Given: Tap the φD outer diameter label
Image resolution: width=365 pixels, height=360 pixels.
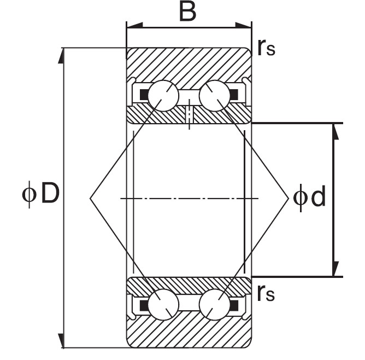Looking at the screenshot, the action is tap(41, 194).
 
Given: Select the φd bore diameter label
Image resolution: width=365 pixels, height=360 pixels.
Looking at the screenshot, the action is tap(309, 198).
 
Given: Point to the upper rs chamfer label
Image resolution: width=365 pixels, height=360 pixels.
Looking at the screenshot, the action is tap(267, 48).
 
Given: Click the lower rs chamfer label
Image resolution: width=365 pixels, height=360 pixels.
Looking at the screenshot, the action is tap(266, 293).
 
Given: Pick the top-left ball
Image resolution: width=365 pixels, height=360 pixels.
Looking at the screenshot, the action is tap(163, 96).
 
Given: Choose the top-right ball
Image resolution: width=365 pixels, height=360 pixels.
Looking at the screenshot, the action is tap(215, 96).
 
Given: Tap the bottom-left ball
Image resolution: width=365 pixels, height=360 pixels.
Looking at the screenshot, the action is tap(163, 305).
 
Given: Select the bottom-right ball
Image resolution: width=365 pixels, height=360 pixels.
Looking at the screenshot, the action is tap(215, 305).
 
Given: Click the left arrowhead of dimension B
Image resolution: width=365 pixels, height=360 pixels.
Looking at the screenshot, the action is tap(134, 26).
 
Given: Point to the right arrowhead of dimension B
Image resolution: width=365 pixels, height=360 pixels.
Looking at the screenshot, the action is tap(244, 25).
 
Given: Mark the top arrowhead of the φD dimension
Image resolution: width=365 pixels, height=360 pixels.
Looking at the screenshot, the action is tap(61, 56).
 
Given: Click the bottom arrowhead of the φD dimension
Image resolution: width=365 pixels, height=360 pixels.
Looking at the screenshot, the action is tap(61, 341).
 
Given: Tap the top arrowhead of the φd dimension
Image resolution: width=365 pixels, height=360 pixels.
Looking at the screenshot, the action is tap(335, 132).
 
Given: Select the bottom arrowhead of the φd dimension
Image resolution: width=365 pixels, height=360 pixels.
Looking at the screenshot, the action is tap(335, 269).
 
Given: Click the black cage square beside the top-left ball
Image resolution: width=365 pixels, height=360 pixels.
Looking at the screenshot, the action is tap(144, 94).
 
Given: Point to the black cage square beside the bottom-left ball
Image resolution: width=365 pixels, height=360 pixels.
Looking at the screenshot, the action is tap(144, 305).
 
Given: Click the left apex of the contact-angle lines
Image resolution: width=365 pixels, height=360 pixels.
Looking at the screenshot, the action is tap(90, 198).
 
